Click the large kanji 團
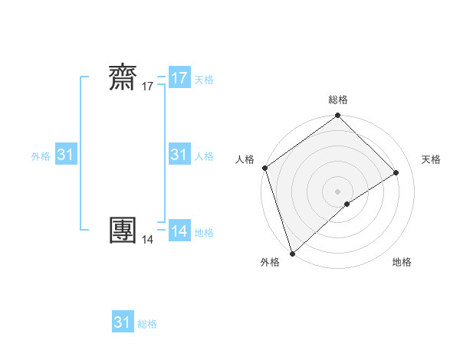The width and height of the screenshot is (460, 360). (125, 230)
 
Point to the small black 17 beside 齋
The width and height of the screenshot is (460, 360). (147, 87)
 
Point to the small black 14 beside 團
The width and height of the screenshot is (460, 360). (147, 240)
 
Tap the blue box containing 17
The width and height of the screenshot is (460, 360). (179, 78)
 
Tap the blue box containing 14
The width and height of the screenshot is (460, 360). (179, 231)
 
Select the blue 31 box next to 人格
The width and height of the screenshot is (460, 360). (179, 155)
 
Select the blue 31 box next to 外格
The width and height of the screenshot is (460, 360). (66, 155)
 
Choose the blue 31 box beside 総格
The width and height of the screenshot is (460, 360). (123, 322)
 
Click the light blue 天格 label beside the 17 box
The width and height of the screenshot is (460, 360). (204, 79)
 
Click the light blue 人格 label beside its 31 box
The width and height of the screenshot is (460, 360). (204, 155)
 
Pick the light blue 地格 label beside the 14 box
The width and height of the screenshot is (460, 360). (204, 232)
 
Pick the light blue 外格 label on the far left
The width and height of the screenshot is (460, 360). (41, 155)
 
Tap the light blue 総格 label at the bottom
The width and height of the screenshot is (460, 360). (147, 324)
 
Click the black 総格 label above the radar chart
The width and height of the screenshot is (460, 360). (338, 100)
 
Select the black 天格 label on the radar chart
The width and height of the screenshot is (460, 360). (431, 159)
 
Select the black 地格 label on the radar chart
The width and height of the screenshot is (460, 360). (402, 263)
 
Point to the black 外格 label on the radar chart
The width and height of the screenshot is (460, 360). (270, 263)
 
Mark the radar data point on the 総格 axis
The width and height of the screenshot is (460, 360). (338, 116)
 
